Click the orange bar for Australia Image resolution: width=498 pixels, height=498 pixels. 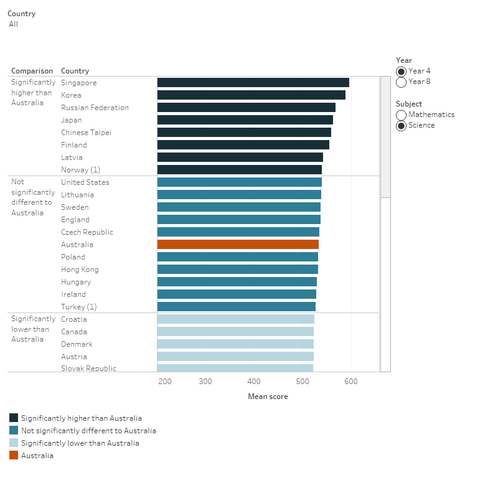[x=238, y=245]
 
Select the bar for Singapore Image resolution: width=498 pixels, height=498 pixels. [x=253, y=83]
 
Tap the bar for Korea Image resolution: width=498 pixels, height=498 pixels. [x=251, y=95]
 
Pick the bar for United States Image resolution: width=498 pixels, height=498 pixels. [x=239, y=182]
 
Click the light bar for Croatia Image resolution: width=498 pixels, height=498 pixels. [x=235, y=319]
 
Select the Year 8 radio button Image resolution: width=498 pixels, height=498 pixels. [x=402, y=82]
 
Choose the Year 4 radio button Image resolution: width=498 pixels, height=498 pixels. [x=402, y=72]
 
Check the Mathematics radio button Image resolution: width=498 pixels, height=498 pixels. [x=402, y=115]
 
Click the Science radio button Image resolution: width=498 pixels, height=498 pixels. [x=402, y=126]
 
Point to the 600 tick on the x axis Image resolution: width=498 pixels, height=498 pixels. [x=351, y=382]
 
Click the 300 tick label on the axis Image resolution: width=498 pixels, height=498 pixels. [x=205, y=382]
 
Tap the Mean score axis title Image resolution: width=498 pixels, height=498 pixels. [x=268, y=397]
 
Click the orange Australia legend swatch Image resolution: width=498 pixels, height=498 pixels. [x=14, y=456]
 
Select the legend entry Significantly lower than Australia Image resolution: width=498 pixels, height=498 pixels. [x=80, y=443]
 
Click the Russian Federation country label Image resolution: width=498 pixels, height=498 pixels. [x=95, y=108]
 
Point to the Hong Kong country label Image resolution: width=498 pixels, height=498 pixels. [x=80, y=270]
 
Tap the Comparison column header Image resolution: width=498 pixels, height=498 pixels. [x=32, y=71]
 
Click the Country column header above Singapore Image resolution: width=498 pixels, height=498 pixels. [x=75, y=71]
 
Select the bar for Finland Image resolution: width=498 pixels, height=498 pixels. [x=243, y=145]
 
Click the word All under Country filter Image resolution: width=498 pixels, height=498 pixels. [x=13, y=24]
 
